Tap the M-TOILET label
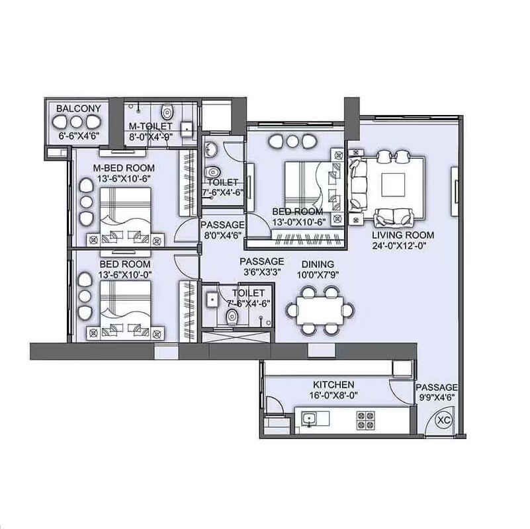(151, 126)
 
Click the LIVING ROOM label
(402, 235)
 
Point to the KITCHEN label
(333, 384)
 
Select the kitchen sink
(309, 417)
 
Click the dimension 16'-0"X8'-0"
(333, 396)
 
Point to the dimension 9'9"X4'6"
(437, 398)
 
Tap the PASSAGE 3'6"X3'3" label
(262, 266)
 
